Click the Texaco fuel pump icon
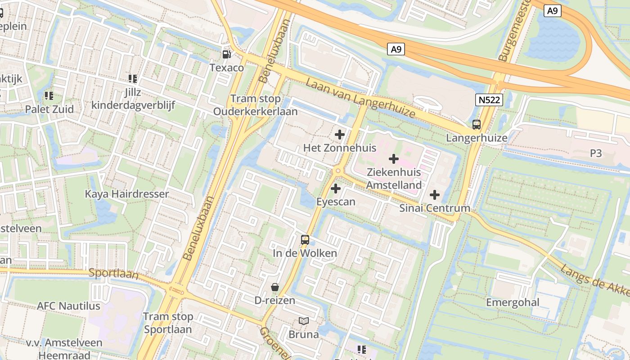tap(227, 54)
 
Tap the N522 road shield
tap(489, 100)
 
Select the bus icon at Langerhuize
tap(477, 125)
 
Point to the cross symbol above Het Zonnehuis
tap(340, 135)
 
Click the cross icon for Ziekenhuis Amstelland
tap(394, 159)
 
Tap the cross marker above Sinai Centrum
tap(435, 195)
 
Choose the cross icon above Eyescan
tap(336, 189)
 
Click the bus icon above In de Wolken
tap(305, 240)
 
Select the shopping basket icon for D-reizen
tap(275, 287)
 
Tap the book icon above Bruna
tap(304, 321)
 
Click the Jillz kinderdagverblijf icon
tap(133, 79)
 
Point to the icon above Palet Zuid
tap(49, 96)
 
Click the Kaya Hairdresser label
tap(127, 194)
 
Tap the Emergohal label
tap(513, 302)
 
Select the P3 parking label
tap(595, 153)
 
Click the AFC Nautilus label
tap(69, 306)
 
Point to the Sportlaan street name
tap(113, 273)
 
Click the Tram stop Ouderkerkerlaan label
tap(255, 105)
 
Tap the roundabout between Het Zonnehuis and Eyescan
tap(338, 171)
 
